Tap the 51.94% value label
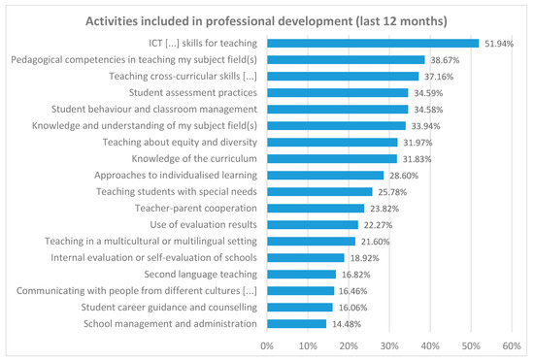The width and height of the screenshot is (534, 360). [x=499, y=43]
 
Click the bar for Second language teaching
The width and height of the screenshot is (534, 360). [x=301, y=274]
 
